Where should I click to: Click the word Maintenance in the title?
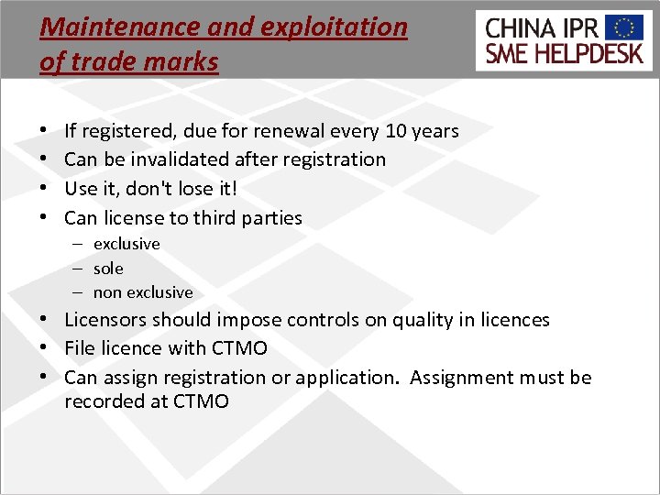(x=102, y=27)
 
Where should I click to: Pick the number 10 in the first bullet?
(x=396, y=131)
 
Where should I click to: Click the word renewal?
(x=292, y=131)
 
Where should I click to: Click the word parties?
(x=271, y=218)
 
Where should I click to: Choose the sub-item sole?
(x=108, y=269)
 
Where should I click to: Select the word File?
(x=80, y=349)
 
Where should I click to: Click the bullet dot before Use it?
(x=45, y=189)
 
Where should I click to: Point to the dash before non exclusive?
(x=80, y=292)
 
